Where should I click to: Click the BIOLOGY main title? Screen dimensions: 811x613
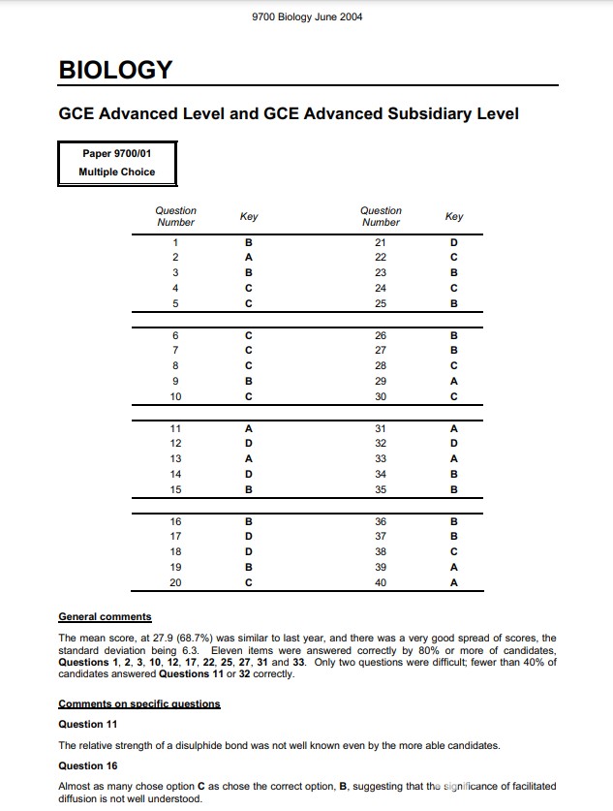[115, 71]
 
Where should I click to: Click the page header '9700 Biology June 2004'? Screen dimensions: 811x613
[306, 17]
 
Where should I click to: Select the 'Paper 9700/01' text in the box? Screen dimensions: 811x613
[116, 154]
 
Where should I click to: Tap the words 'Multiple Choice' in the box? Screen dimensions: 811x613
[116, 172]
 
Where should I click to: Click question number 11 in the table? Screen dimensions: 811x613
[175, 429]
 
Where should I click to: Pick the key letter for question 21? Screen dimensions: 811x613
[453, 242]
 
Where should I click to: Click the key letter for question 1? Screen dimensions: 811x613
[249, 242]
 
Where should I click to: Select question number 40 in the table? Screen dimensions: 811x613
[381, 583]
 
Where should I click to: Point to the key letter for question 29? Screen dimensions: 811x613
[453, 381]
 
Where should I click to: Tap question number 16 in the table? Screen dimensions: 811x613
[175, 522]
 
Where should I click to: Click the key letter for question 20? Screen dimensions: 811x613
[249, 583]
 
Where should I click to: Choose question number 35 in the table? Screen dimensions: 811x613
[381, 490]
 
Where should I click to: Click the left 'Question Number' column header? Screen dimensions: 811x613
[175, 216]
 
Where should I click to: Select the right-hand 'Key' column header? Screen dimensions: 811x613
[453, 217]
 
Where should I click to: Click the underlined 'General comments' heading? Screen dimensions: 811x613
[105, 616]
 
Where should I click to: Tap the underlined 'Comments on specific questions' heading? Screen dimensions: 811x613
[139, 703]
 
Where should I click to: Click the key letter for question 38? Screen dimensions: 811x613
[453, 552]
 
